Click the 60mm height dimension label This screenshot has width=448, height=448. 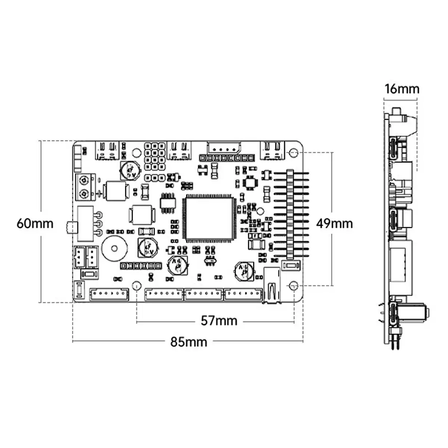tap(35, 224)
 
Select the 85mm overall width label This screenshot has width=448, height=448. tap(189, 342)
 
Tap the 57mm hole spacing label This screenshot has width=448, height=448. tap(219, 321)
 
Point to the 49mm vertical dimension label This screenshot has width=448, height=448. tap(334, 223)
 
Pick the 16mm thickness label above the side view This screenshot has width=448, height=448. tap(402, 89)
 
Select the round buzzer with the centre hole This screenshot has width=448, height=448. tap(115, 248)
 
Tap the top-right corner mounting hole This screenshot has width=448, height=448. tap(294, 153)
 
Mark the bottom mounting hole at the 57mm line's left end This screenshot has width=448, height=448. tap(137, 286)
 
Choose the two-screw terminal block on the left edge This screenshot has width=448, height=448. tap(85, 187)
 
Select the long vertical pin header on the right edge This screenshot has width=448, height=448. tap(291, 215)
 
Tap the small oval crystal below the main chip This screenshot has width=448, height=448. tap(210, 260)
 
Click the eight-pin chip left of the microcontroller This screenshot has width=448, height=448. tap(167, 203)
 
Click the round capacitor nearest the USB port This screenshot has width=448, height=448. tap(244, 271)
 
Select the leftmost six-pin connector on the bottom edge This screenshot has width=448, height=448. tap(109, 295)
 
